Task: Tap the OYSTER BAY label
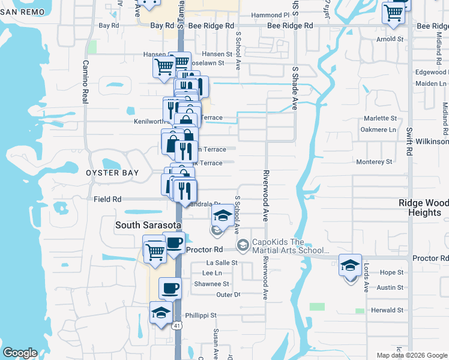tap(112, 173)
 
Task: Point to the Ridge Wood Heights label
tap(423, 208)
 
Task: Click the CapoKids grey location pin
tap(243, 244)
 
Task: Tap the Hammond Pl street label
tap(270, 15)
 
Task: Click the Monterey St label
tap(373, 162)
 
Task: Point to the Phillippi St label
tap(200, 315)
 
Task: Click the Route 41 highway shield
tap(176, 325)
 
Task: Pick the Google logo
tap(20, 353)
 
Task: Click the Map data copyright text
tap(411, 355)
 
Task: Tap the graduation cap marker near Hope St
tap(351, 265)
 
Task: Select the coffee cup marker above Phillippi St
tap(170, 289)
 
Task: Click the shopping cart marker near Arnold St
tap(394, 12)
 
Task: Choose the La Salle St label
tap(222, 263)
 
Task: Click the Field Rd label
tap(107, 199)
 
